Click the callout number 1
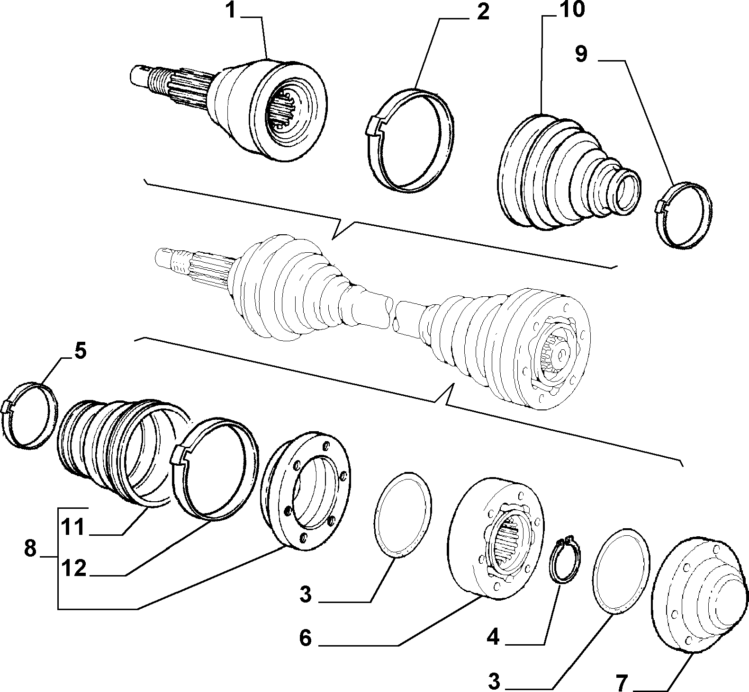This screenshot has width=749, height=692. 230,10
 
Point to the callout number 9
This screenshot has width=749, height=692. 581,54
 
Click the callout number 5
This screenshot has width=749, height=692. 79,352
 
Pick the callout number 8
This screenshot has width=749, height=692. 29,549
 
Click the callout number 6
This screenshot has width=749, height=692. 305,639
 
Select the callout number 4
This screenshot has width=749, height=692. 493,639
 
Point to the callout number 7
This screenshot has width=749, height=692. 621,683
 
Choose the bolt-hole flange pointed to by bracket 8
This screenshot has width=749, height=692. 306,490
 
